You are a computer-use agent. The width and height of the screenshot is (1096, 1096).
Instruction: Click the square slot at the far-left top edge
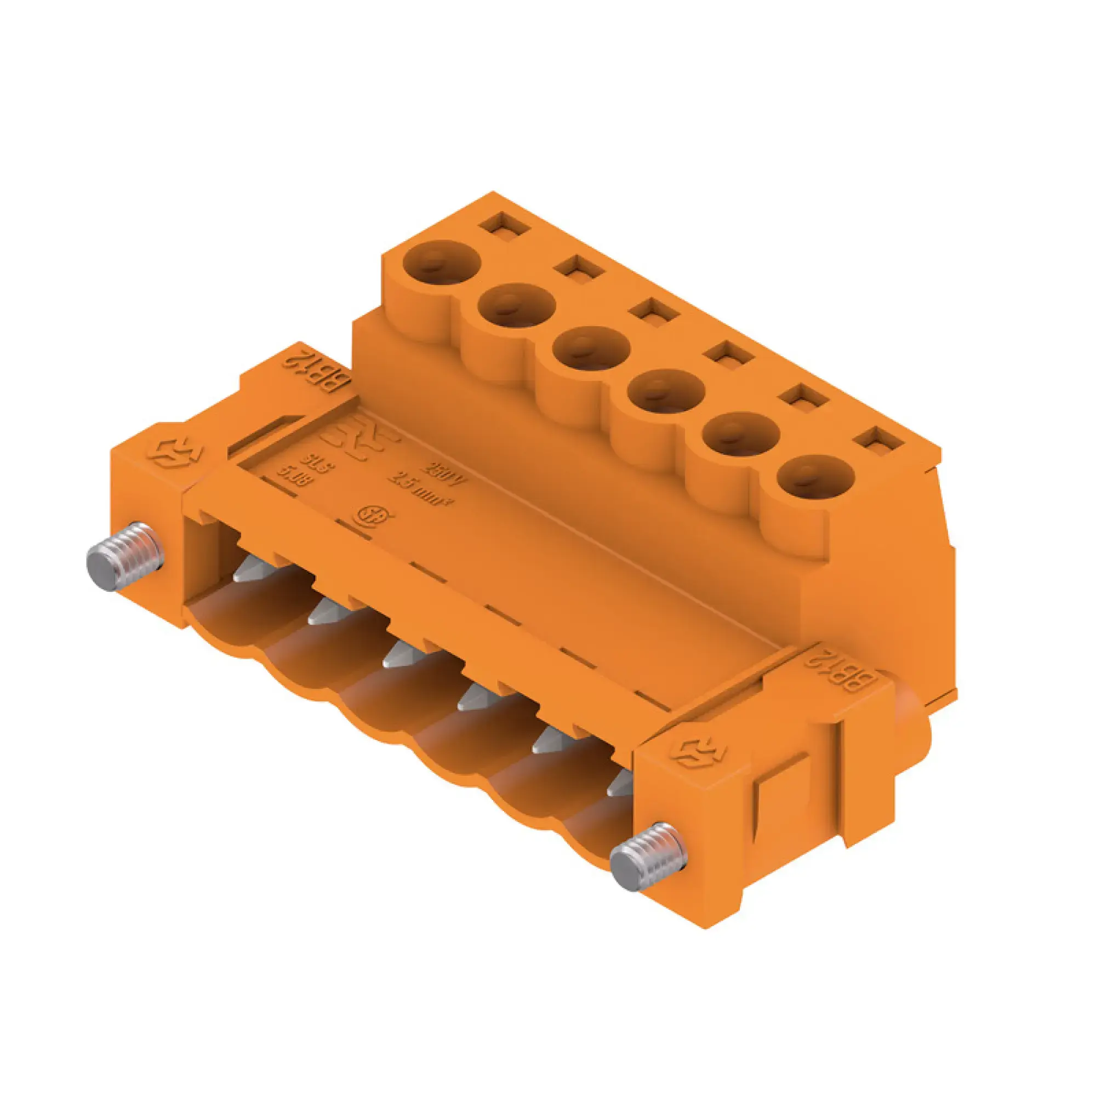coord(504,225)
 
